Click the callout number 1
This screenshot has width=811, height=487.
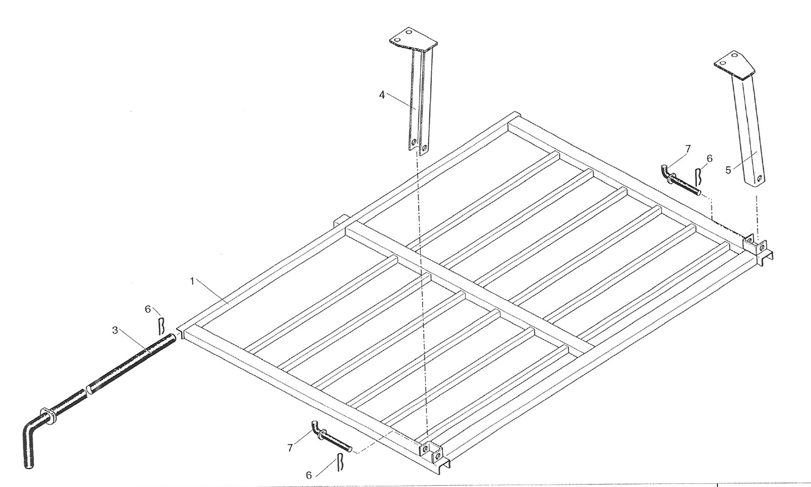[192, 281]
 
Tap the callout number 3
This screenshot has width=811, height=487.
[115, 330]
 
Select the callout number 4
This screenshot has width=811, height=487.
[382, 95]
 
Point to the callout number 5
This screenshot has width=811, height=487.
[728, 170]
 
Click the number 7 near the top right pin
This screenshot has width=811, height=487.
[688, 149]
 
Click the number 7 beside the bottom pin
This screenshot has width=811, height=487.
[290, 448]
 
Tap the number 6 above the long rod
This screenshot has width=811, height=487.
[148, 309]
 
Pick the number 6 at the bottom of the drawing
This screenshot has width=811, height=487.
[309, 475]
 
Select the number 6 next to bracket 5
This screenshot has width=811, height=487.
[709, 158]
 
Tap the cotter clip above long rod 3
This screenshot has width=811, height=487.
[162, 326]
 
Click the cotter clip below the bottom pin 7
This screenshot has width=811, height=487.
[340, 462]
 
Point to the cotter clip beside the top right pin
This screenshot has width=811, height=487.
[698, 177]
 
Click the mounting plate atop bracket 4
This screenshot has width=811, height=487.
[413, 41]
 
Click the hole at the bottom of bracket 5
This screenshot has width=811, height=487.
[759, 178]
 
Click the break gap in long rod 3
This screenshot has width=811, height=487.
[87, 391]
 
